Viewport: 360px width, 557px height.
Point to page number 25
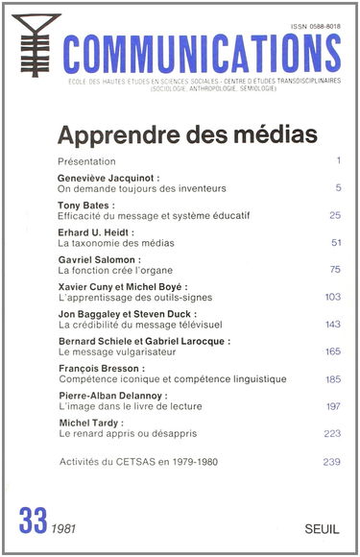click(334, 216)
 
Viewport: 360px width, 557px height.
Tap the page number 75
click(334, 271)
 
